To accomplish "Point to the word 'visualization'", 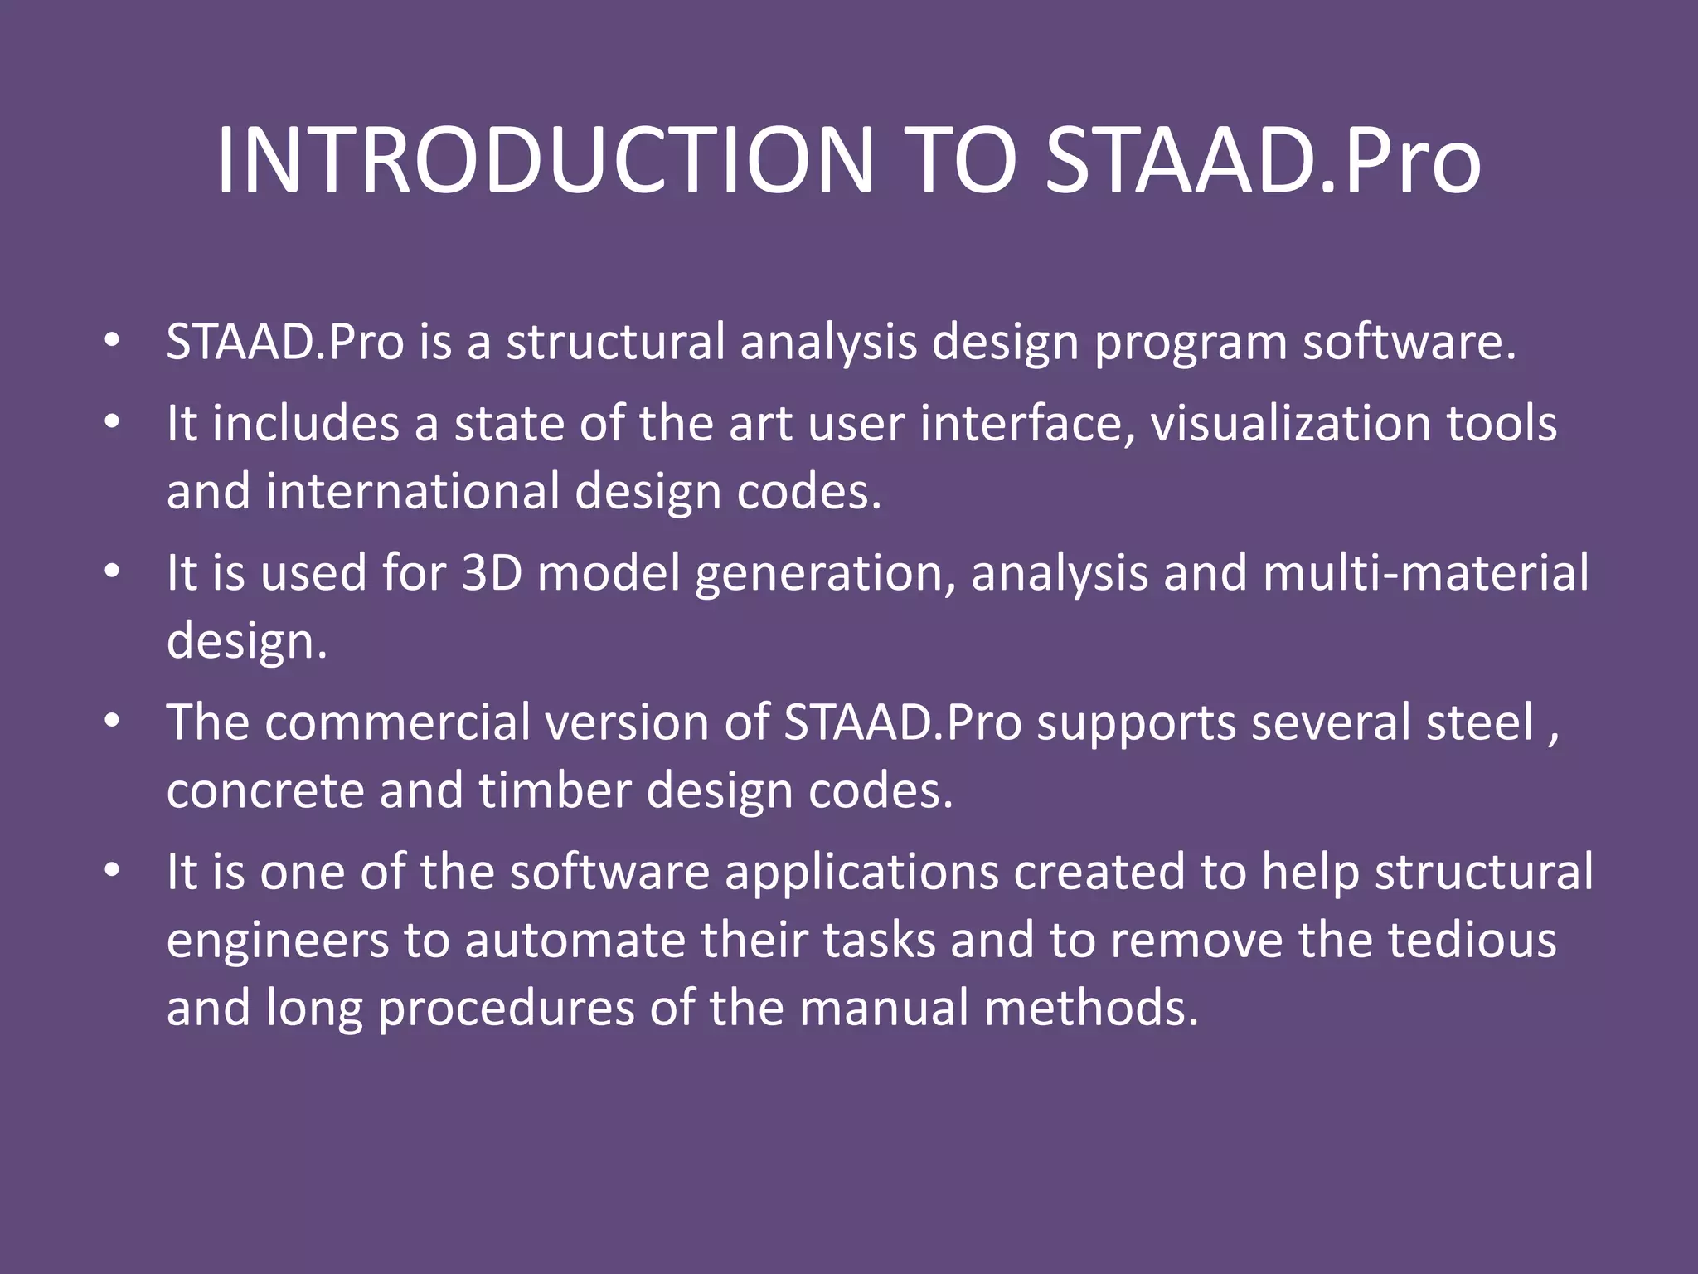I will point(1290,423).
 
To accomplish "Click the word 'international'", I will point(413,491).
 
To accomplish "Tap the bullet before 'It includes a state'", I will point(113,421).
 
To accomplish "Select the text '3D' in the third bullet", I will point(492,572).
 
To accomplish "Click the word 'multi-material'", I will point(1426,572).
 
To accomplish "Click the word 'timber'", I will point(555,790).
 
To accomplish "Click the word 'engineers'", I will point(278,941).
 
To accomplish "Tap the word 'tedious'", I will point(1472,940).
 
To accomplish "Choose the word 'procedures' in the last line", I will point(506,1009).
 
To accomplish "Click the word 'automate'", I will point(574,941).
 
